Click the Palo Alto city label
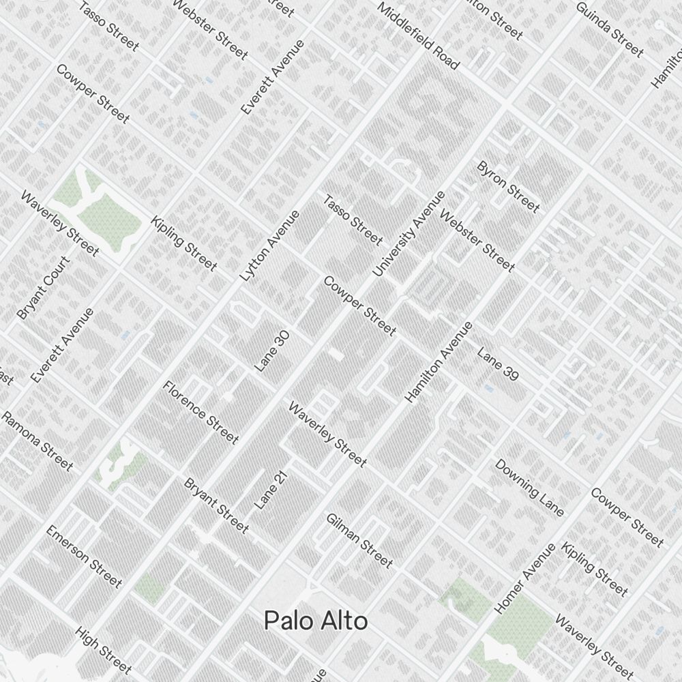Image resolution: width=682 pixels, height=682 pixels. tap(316, 621)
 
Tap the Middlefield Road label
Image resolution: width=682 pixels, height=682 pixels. tap(418, 36)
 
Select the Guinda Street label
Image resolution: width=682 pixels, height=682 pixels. tap(610, 29)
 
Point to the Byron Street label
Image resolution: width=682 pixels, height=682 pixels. tap(508, 186)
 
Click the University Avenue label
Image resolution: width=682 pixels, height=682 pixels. tap(409, 233)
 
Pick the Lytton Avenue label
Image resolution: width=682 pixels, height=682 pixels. tap(270, 246)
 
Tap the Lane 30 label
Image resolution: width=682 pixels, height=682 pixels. tap(273, 351)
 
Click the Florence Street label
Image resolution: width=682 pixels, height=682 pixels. tap(201, 412)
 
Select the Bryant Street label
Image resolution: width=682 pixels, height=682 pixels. tap(216, 505)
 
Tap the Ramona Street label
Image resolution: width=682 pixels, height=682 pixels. tap(37, 441)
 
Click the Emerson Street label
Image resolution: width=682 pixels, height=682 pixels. tap(84, 557)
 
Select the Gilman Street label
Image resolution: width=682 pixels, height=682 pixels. tap(359, 540)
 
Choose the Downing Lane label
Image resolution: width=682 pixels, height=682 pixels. tap(529, 488)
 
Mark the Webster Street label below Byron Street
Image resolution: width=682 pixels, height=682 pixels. tap(477, 241)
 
